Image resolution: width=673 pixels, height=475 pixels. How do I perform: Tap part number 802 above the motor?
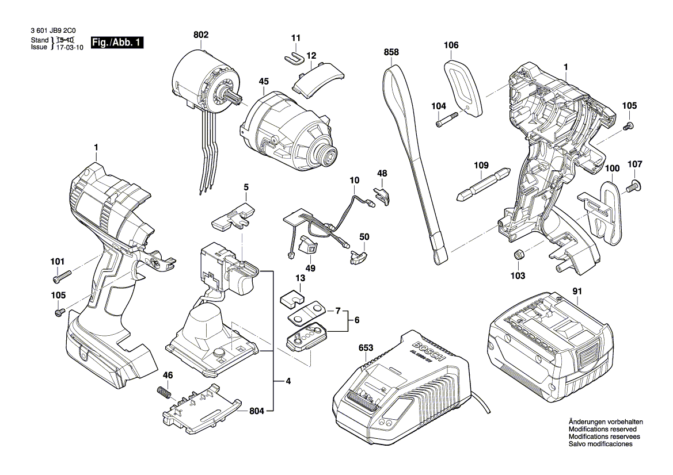tap(201, 36)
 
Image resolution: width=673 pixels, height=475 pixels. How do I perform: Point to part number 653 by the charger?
tap(366, 348)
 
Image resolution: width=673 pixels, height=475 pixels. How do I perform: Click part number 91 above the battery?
tap(577, 291)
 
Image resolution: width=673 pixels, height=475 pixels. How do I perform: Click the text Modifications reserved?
tap(602, 430)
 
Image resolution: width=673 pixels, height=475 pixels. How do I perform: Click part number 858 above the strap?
tap(391, 52)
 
